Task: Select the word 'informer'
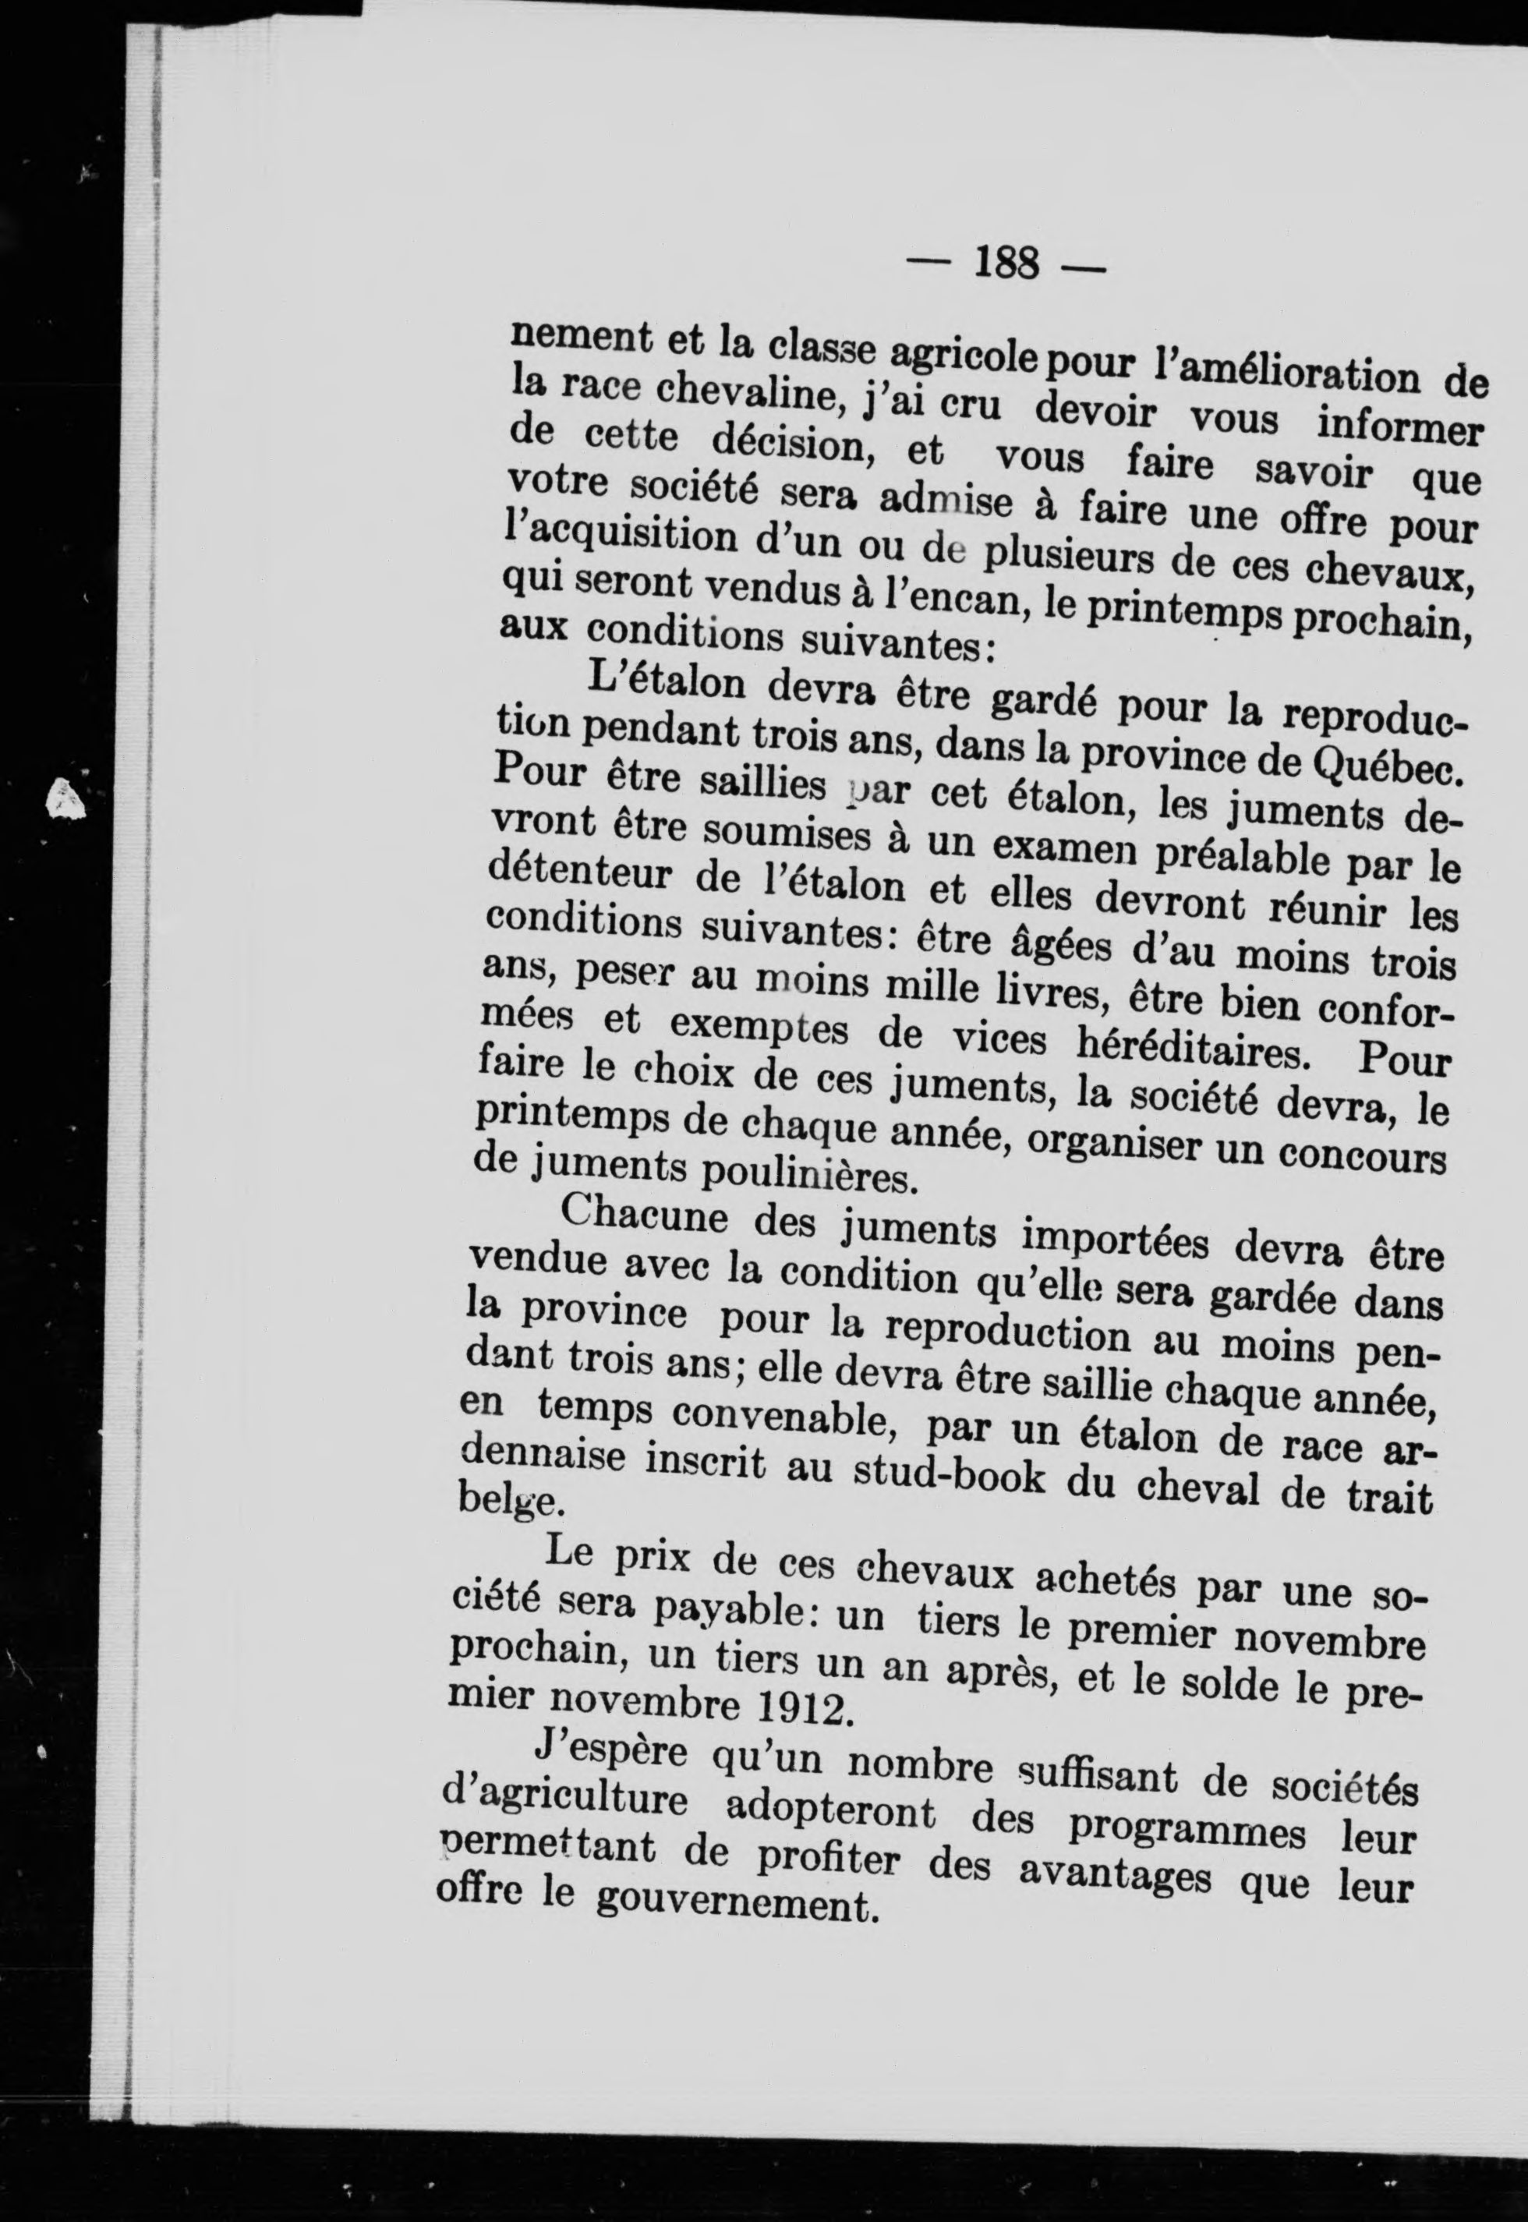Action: tap(1399, 427)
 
